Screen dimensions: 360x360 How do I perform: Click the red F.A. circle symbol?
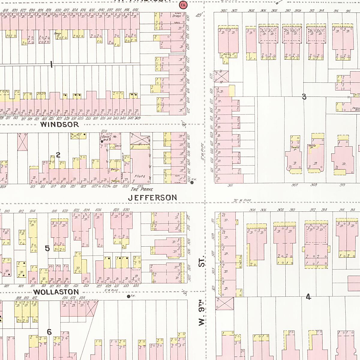point(183,5)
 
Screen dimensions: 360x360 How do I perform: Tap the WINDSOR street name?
point(60,124)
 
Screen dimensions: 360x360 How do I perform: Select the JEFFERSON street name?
point(152,197)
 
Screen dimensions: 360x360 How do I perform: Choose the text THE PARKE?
point(142,189)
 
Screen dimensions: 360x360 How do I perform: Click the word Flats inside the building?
point(139,176)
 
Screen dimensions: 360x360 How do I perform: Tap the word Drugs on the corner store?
point(177,16)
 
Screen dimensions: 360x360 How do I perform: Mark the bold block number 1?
point(51,64)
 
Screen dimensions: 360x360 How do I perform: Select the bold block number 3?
point(304,97)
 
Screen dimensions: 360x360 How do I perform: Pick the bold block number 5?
point(47,248)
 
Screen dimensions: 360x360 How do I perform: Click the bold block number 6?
point(49,332)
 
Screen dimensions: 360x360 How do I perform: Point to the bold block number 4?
point(308,297)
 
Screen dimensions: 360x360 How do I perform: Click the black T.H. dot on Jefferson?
point(192,182)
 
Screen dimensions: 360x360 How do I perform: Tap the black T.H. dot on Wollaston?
point(129,296)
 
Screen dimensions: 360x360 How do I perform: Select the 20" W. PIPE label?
point(242,201)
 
